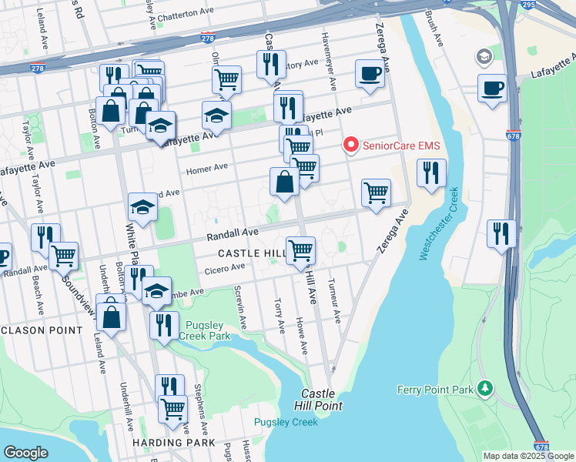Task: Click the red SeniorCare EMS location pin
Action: click(351, 144)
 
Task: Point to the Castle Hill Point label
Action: click(316, 399)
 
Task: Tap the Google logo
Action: click(25, 452)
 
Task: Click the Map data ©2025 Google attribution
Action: click(528, 456)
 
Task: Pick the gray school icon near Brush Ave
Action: click(484, 56)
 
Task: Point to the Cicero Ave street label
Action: click(225, 268)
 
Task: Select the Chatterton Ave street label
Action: click(186, 13)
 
